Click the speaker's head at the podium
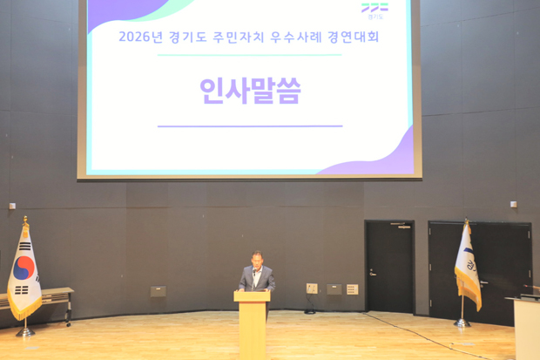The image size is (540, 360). coord(257,259)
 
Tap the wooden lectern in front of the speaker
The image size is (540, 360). coord(252,324)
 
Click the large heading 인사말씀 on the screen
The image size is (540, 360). coord(250,91)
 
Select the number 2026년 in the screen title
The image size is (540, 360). coord(140,37)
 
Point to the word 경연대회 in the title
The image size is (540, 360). coord(354,37)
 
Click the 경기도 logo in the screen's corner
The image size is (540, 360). coord(375,10)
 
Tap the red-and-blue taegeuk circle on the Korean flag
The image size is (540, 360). coord(24,268)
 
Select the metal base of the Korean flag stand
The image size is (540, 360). coord(25,332)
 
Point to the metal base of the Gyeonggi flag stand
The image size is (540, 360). coord(462,323)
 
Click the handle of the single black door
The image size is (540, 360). coord(372,273)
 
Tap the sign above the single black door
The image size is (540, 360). coord(400,226)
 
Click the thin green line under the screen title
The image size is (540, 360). coord(250,55)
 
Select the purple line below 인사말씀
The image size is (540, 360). coord(250,126)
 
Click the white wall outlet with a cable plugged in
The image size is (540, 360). coord(312,289)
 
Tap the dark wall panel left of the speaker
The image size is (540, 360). coord(158,291)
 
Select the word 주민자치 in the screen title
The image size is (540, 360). coord(239,37)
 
